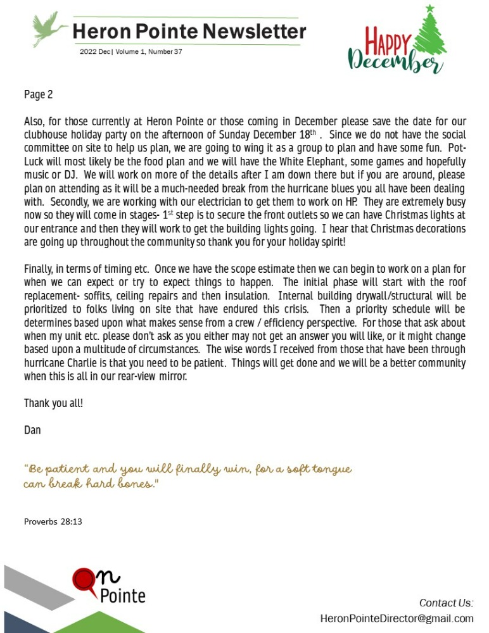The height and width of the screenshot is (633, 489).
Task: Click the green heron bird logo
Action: coord(49,28)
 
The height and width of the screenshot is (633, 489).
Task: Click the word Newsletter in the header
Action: coord(255,31)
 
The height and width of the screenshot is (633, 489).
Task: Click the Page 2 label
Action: coord(38,95)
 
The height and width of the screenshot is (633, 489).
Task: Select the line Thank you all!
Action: coord(53,403)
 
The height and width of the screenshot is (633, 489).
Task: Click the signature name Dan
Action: coord(32,430)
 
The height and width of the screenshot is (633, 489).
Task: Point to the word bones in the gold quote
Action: coord(133,484)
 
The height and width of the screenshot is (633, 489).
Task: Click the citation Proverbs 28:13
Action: coord(53,522)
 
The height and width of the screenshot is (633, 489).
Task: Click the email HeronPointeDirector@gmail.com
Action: coord(397,618)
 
